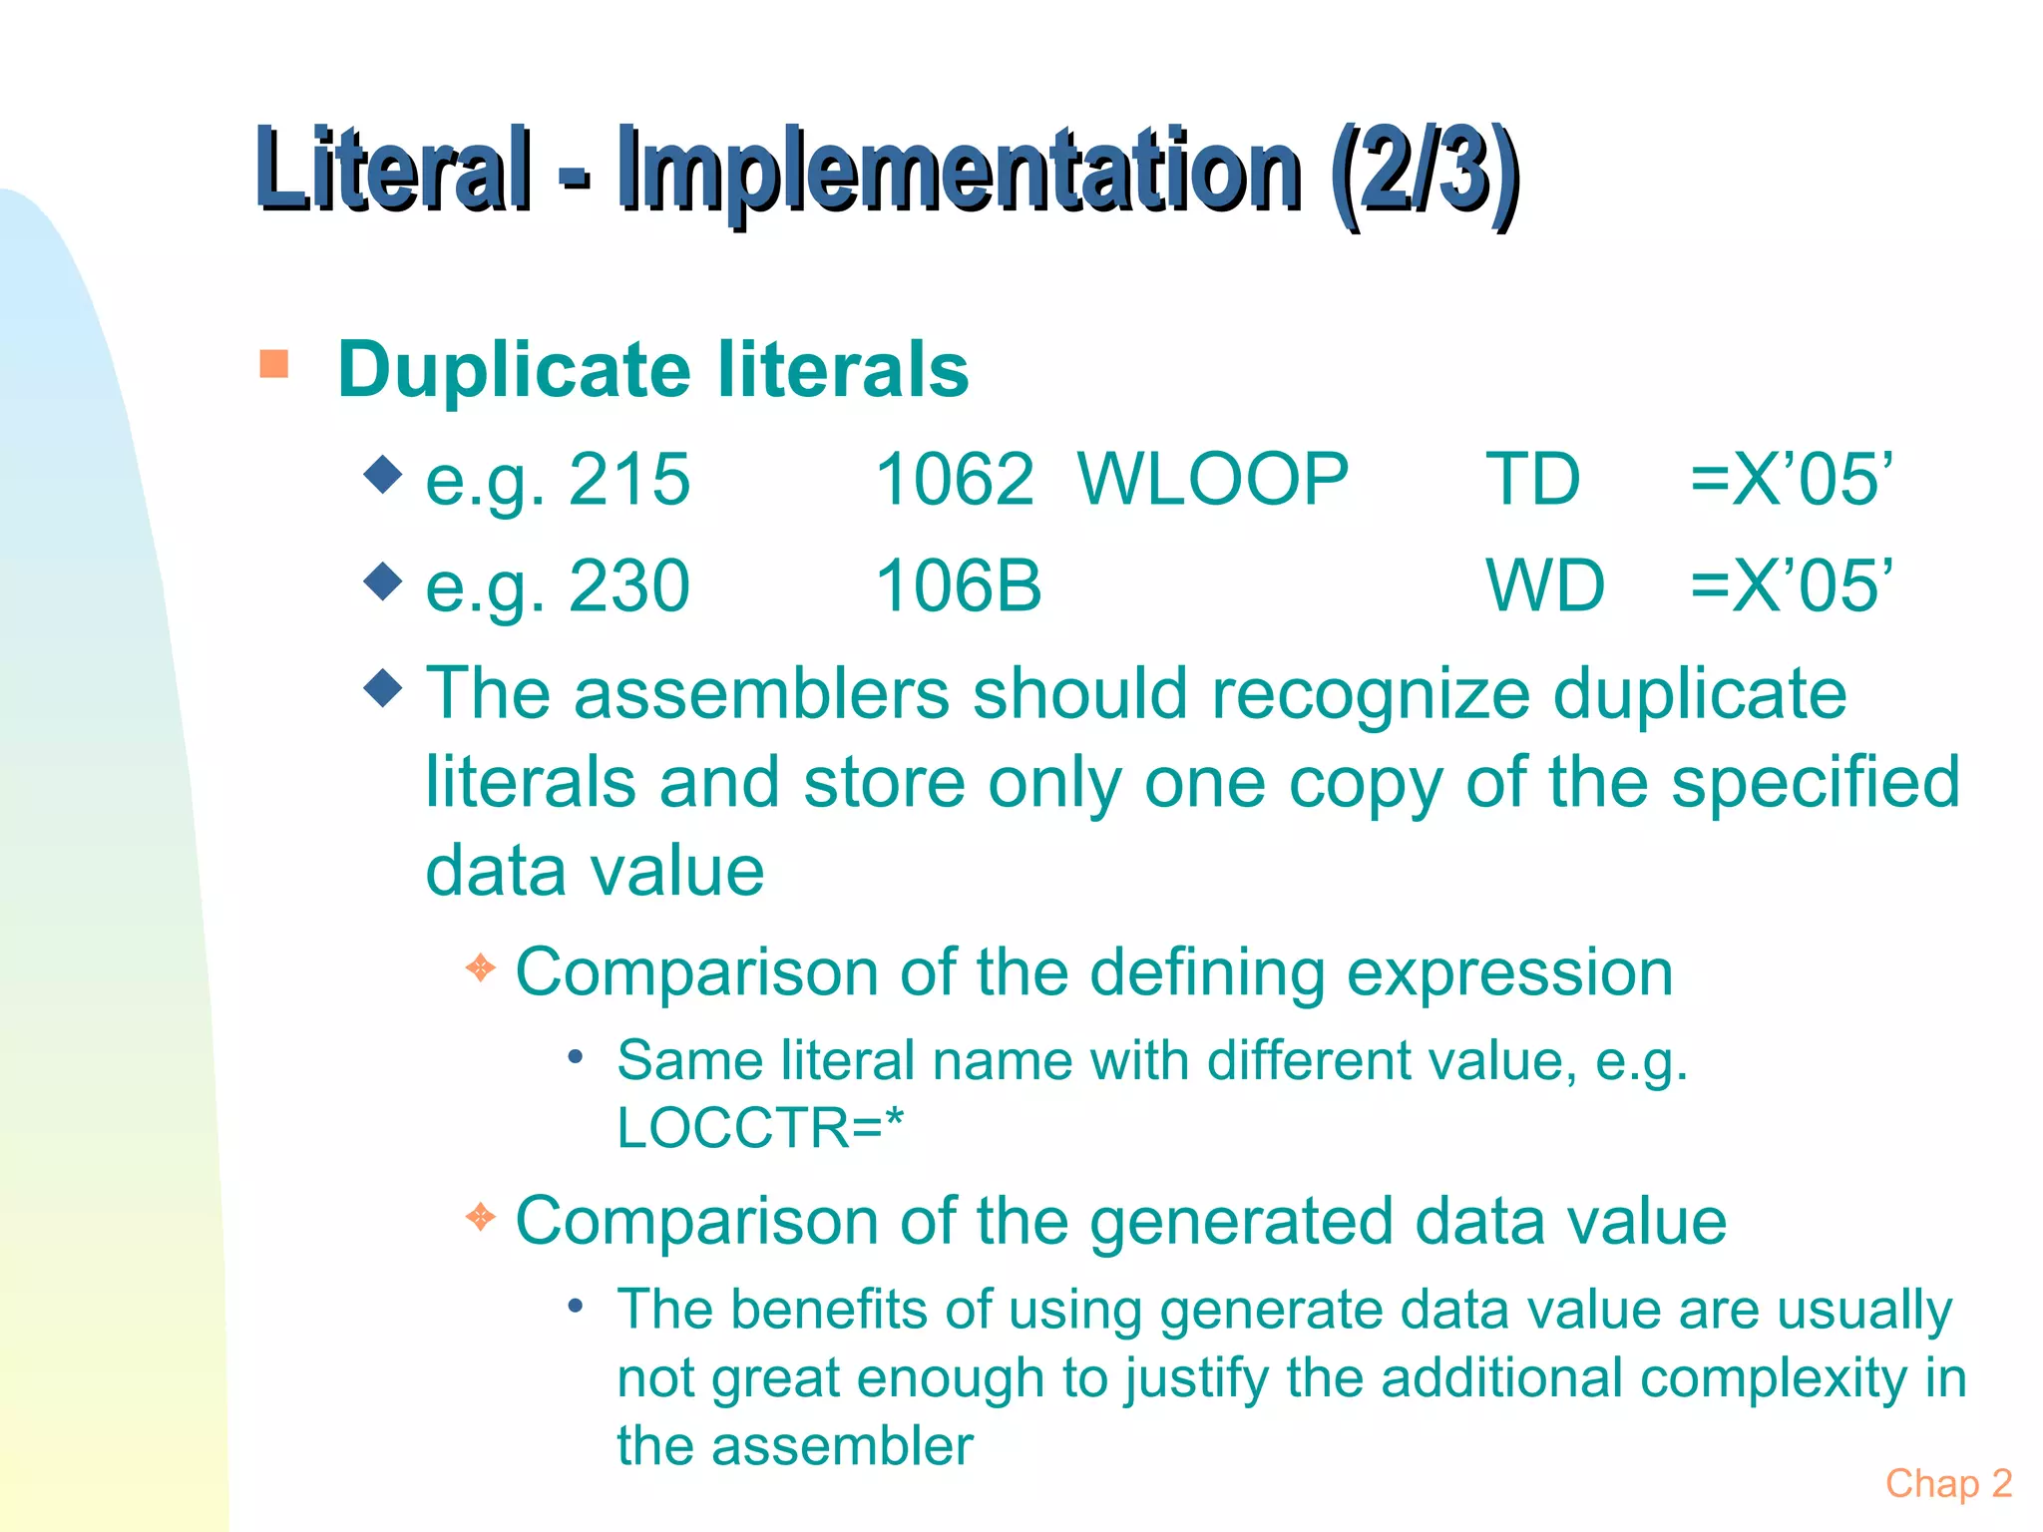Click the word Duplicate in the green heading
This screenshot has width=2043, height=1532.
coord(514,370)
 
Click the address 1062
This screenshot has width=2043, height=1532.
coord(955,480)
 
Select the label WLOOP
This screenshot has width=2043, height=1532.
coord(1213,480)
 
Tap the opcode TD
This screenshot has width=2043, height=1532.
coord(1532,480)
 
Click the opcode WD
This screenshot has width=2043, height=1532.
coord(1545,585)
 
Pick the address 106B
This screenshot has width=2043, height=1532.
coord(959,585)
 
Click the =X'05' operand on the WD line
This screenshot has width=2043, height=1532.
coord(1791,585)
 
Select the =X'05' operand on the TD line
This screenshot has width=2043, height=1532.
coord(1791,480)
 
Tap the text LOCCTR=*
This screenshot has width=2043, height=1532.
coord(760,1128)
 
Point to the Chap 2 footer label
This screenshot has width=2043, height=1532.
coord(1948,1483)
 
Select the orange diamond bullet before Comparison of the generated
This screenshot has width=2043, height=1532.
coord(481,1217)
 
